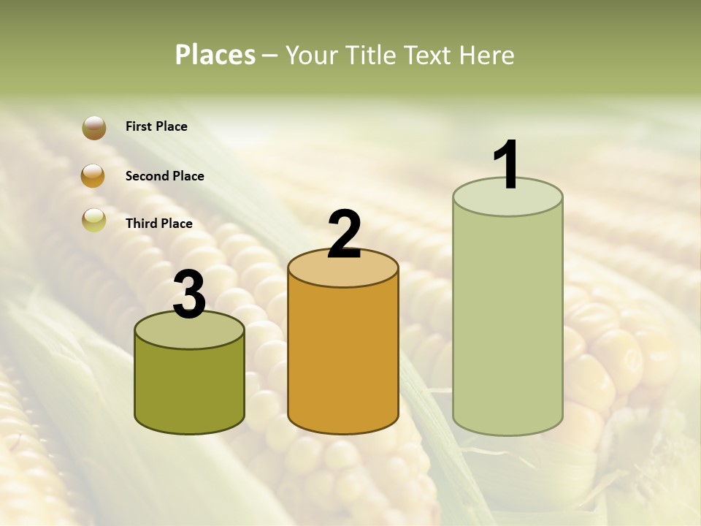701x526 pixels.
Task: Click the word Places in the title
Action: (x=215, y=55)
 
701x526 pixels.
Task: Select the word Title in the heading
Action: (x=369, y=55)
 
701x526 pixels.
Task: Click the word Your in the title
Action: (x=312, y=55)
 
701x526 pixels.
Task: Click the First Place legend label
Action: (x=156, y=126)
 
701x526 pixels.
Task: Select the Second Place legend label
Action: (x=164, y=176)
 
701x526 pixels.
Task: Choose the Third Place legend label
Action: (x=158, y=224)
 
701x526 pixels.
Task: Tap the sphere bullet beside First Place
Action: (x=94, y=127)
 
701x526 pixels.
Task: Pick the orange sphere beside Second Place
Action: (x=93, y=176)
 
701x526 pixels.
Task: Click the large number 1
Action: (x=507, y=165)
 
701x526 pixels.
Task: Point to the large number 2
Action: (x=344, y=235)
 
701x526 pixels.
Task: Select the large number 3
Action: (x=190, y=295)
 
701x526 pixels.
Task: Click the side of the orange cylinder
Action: (x=343, y=358)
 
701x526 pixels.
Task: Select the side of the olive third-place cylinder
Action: (x=190, y=387)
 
